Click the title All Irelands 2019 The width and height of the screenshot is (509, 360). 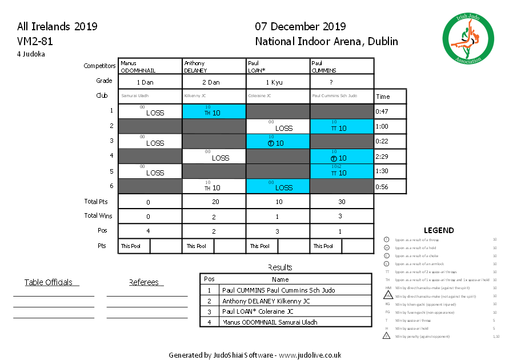tap(57, 26)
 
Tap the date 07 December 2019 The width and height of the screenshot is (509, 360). tap(300, 26)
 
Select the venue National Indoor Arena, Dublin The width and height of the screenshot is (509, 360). tap(326, 41)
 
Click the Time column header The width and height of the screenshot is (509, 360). tap(383, 97)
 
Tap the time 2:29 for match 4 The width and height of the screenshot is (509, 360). tap(382, 156)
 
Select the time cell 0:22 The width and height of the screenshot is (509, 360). tap(382, 141)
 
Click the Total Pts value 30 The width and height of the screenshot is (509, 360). tap(342, 202)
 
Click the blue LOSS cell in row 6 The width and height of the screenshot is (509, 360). tap(278, 186)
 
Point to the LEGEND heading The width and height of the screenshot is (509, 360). tap(439, 230)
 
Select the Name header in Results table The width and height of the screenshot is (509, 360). tap(280, 279)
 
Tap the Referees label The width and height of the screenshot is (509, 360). tap(146, 282)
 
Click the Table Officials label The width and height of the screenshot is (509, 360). tap(49, 282)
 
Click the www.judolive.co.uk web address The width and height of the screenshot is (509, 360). tap(310, 355)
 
